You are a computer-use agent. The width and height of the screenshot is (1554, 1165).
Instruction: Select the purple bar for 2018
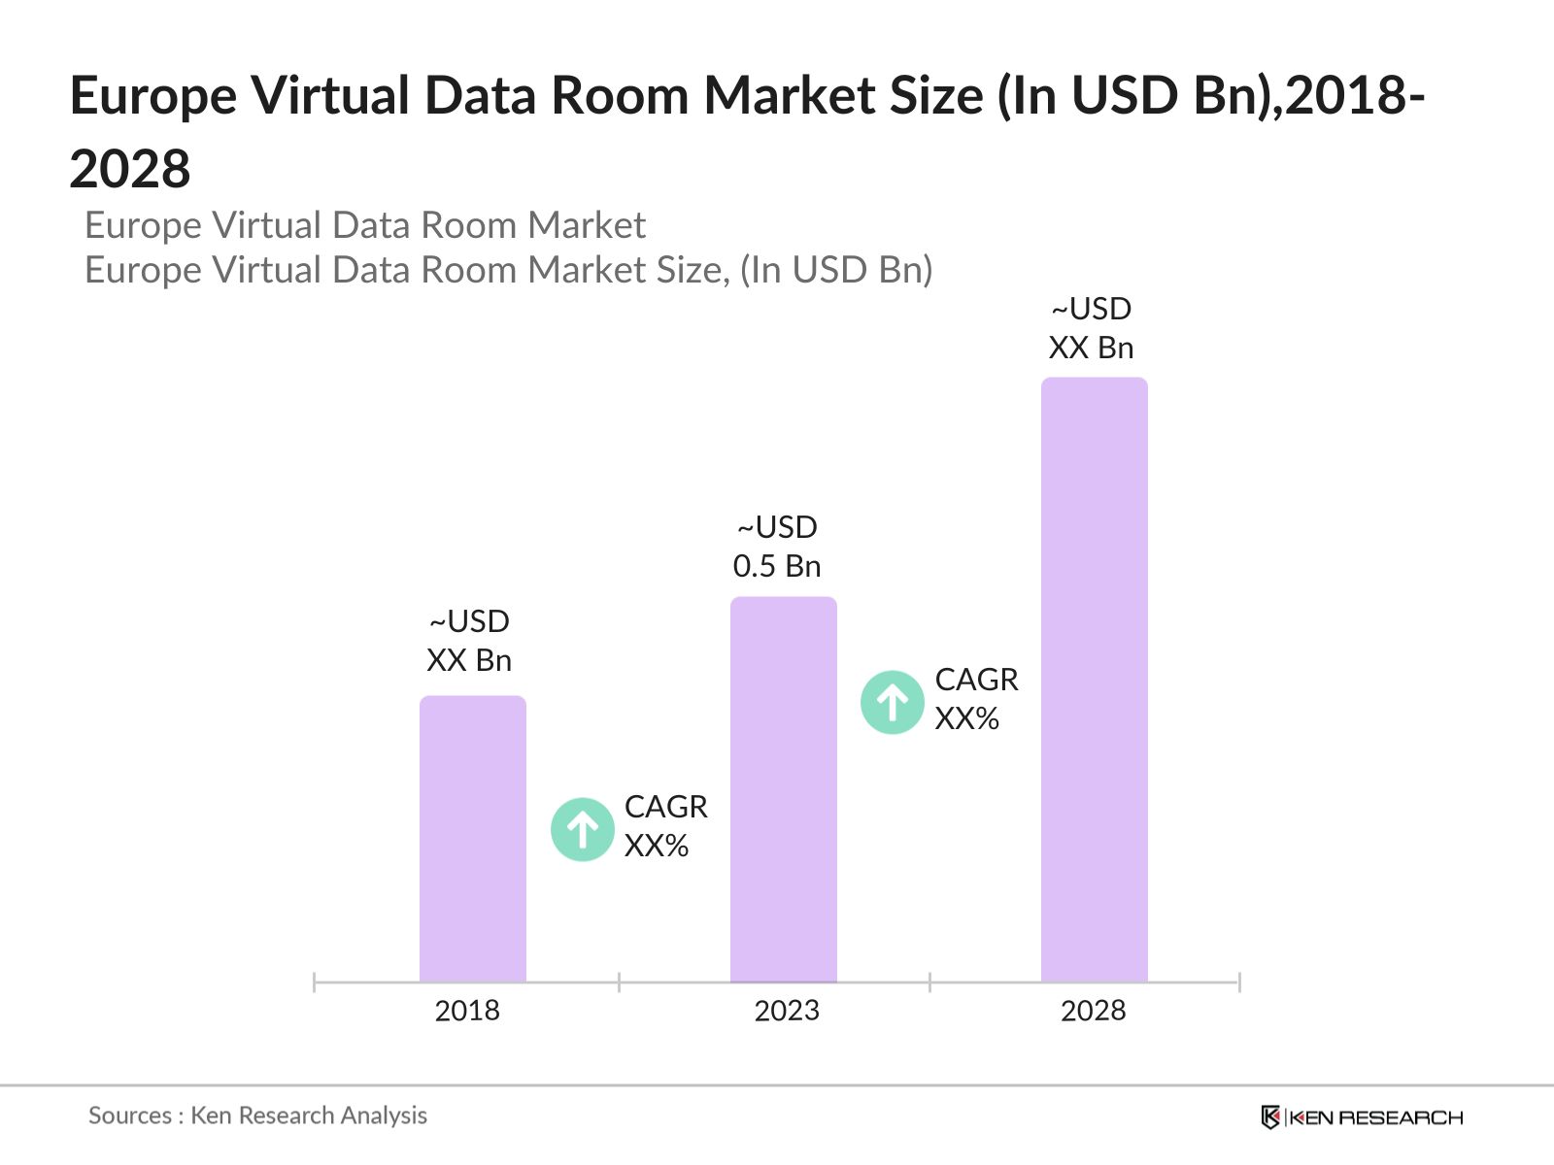[472, 839]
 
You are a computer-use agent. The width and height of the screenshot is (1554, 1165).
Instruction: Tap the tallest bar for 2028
[1094, 680]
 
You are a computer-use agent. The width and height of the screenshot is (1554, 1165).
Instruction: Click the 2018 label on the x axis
[467, 1011]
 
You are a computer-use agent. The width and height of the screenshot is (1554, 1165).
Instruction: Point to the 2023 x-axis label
[787, 1011]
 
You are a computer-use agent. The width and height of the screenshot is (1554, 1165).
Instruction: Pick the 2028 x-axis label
[1093, 1011]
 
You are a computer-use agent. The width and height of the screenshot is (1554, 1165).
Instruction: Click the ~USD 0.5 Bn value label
[777, 547]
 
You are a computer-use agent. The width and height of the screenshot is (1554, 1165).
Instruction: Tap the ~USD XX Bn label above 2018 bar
[469, 641]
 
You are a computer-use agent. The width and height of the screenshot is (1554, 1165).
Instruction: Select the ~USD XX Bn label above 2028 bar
[1091, 328]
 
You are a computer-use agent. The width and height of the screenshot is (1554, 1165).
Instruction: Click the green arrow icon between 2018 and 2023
[582, 829]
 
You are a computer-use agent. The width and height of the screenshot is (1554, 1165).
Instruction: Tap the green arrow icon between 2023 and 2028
[892, 702]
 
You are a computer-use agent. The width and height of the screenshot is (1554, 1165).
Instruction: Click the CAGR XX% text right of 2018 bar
[665, 826]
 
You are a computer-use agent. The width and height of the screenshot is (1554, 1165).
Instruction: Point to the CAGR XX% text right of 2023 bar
[976, 699]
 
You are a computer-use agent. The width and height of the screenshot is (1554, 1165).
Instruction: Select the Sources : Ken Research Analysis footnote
[257, 1115]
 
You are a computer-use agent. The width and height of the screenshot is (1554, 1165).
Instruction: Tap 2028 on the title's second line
[130, 169]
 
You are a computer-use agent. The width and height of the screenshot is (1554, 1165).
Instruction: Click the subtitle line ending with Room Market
[364, 225]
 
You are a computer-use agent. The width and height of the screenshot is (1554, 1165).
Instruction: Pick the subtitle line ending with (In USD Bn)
[508, 270]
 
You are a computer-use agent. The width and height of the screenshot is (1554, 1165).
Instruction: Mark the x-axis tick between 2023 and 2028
[929, 982]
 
